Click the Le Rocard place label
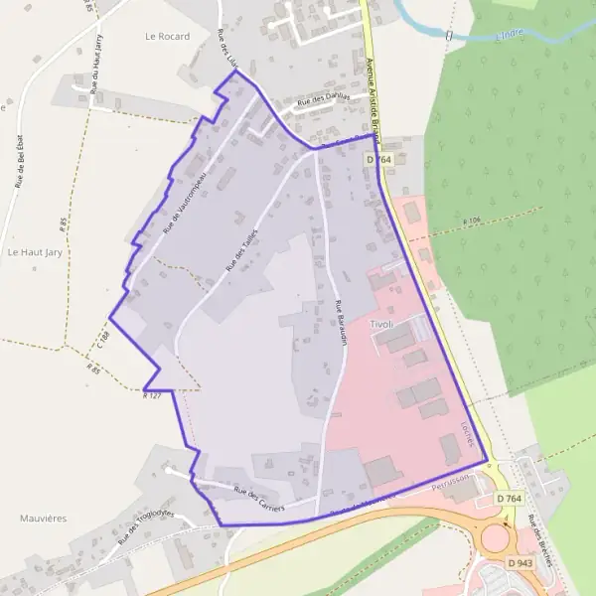click(x=166, y=36)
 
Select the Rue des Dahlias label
click(x=326, y=99)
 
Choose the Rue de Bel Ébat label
click(x=20, y=159)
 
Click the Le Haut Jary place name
click(x=35, y=252)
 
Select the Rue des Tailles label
click(x=242, y=249)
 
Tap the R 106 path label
click(x=472, y=220)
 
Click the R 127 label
click(x=152, y=395)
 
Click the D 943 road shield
click(x=520, y=563)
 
